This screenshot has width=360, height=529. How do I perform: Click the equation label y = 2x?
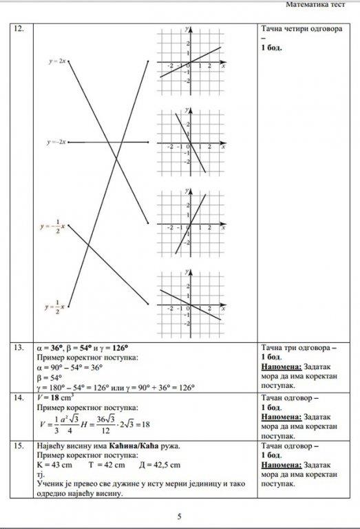57,61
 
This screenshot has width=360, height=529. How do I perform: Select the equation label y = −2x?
56,142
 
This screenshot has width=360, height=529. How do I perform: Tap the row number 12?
19,30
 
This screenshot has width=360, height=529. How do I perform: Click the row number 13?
19,348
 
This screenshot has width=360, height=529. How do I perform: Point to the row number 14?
19,397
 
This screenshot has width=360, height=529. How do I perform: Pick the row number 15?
19,446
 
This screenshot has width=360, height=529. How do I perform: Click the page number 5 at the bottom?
180,516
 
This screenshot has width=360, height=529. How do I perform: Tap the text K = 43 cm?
52,465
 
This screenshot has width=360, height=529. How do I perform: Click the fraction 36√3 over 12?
105,424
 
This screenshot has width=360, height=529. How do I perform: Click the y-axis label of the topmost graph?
186,30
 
